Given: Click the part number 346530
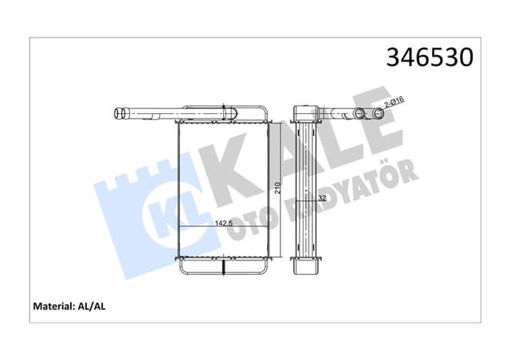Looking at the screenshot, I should pos(430,57).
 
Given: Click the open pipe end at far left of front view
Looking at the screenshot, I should pos(120,113).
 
